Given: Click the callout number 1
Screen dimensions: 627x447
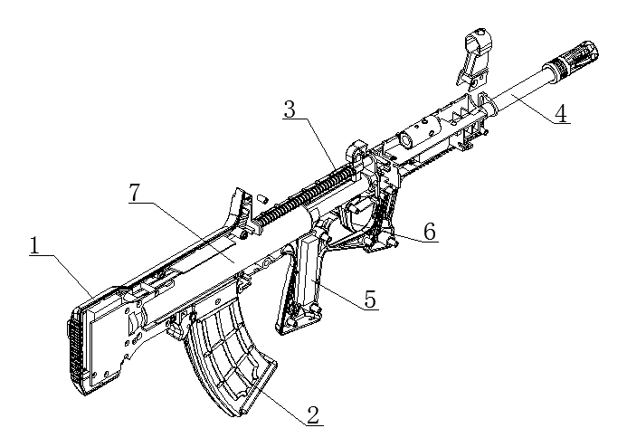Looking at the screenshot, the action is (35, 245).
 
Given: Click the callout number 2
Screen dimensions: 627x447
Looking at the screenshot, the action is (312, 415).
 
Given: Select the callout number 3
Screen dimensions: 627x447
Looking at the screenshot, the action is (290, 110).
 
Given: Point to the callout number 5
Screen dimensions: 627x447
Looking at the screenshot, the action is (370, 300).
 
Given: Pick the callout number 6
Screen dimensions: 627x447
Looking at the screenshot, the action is (430, 231).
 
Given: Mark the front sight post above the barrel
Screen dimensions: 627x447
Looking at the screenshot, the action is (478, 54).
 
